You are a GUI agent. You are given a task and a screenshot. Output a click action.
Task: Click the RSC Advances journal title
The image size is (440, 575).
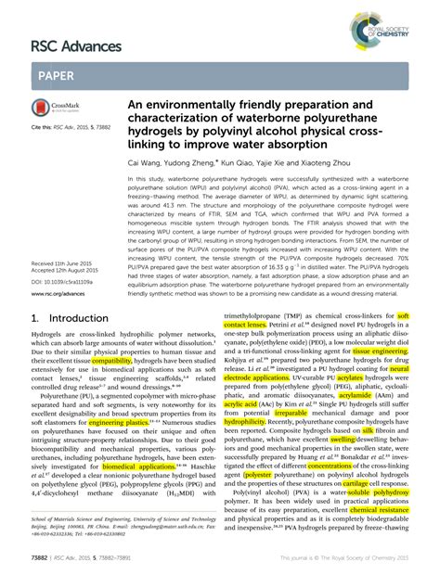(77, 45)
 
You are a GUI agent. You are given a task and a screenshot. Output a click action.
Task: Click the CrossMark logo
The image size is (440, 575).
(56, 109)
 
